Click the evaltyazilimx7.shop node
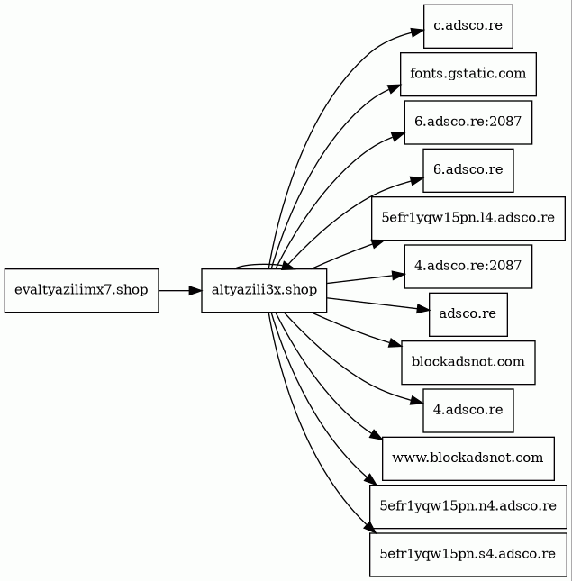click(x=81, y=290)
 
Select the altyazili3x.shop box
click(x=264, y=290)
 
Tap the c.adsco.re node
click(x=468, y=26)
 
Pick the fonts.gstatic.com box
click(x=468, y=74)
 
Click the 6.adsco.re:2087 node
click(x=468, y=123)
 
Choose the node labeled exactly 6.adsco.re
click(x=468, y=170)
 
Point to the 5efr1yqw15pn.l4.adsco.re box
click(x=468, y=219)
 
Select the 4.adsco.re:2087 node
click(x=468, y=267)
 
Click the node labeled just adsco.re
click(x=468, y=314)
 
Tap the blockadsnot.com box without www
click(x=468, y=362)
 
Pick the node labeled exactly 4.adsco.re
click(x=468, y=411)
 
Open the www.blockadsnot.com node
click(x=468, y=458)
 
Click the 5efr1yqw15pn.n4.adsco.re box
click(x=468, y=506)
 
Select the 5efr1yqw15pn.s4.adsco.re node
click(x=468, y=555)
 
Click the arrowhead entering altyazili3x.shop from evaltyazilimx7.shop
click(x=195, y=290)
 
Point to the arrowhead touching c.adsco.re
click(x=417, y=32)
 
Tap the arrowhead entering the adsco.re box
click(x=423, y=309)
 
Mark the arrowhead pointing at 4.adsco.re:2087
click(x=398, y=275)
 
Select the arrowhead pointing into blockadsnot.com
click(x=395, y=343)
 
